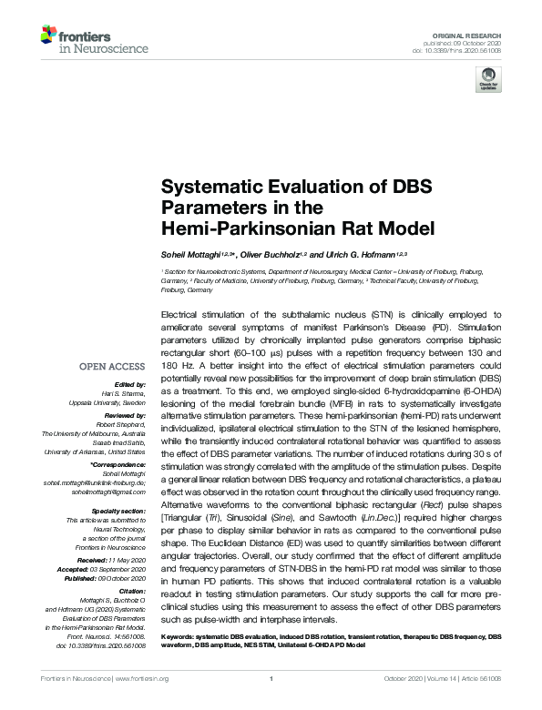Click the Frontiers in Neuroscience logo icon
pyautogui.click(x=49, y=36)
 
